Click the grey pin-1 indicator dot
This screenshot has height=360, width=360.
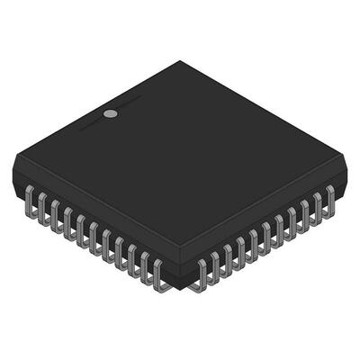[x=110, y=114]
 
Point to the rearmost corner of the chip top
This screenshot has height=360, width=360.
[x=180, y=61]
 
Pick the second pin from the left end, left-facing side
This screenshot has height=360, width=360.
[x=42, y=208]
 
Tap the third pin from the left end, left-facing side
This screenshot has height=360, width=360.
[x=55, y=216]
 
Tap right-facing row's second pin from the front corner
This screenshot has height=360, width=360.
[x=215, y=267]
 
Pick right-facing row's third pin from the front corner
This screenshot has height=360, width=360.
[x=228, y=260]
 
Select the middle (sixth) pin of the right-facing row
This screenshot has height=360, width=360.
[x=266, y=238]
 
